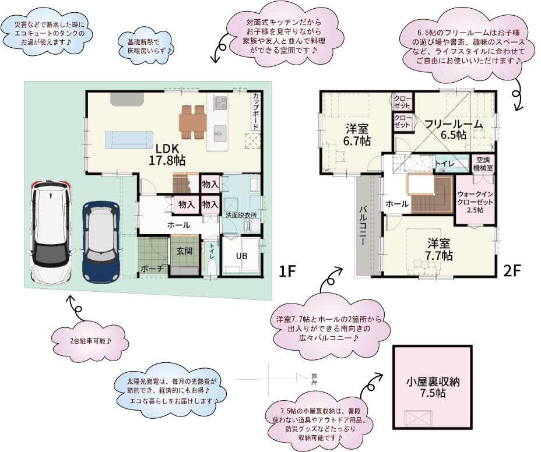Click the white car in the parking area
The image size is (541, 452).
51,232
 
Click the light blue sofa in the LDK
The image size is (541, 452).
125,140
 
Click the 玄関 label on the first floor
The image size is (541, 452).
185,251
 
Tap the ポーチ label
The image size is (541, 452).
151,269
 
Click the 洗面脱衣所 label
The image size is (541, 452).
241,215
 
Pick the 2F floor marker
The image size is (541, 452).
512,271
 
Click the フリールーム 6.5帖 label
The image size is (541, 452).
453,129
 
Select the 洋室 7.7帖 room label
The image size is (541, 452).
440,249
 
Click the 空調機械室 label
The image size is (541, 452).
483,164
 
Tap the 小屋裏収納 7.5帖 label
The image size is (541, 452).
433,388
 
